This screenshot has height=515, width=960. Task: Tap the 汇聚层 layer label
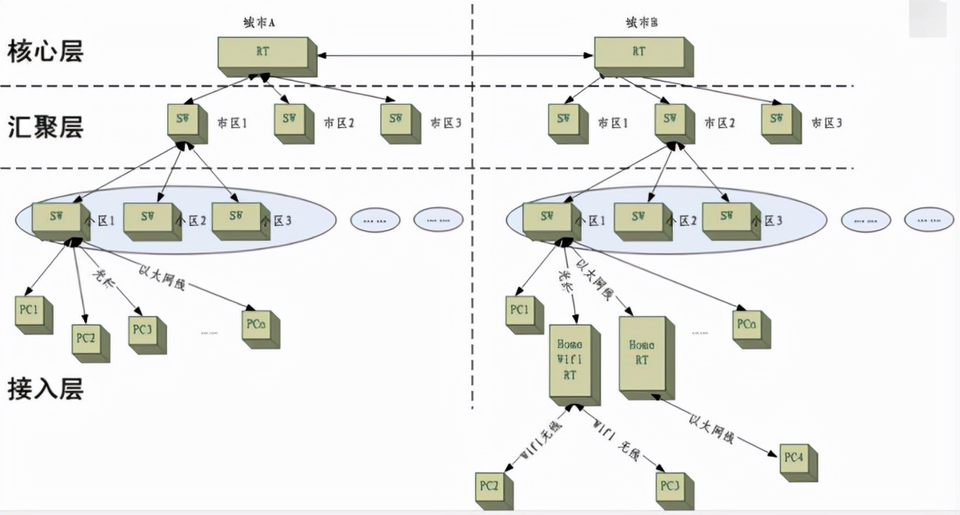(45, 126)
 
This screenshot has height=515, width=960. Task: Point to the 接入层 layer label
(45, 389)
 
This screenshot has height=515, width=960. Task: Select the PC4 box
(794, 459)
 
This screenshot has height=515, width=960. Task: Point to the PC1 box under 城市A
(33, 313)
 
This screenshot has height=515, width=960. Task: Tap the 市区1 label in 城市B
(614, 124)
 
